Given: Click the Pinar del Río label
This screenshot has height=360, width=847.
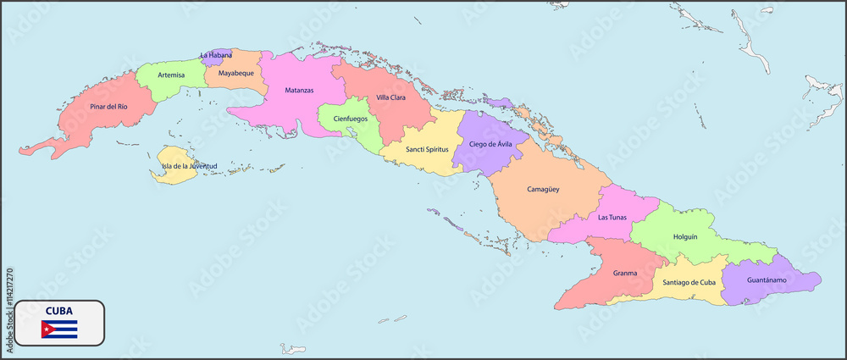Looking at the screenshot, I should point(108,107).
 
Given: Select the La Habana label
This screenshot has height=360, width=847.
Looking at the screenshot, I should point(216,55).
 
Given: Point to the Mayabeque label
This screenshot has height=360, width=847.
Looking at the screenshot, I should point(236,73).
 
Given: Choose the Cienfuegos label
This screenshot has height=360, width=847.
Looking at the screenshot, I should point(350,119).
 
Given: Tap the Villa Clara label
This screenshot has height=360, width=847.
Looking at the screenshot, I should point(390,97).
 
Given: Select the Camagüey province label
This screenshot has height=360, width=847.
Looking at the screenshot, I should point(543,190).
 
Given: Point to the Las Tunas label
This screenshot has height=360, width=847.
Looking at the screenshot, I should point(612,218).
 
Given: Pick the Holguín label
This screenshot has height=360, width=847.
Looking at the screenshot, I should point(684,236).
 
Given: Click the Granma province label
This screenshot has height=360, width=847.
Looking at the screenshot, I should point(625,273).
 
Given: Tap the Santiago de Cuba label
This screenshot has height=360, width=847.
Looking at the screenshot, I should point(689,282).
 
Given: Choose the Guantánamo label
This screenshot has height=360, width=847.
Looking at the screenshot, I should point(767,280).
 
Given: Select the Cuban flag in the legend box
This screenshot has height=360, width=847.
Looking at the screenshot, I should point(59,329).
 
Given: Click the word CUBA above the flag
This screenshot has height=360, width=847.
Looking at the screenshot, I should point(59,310).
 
